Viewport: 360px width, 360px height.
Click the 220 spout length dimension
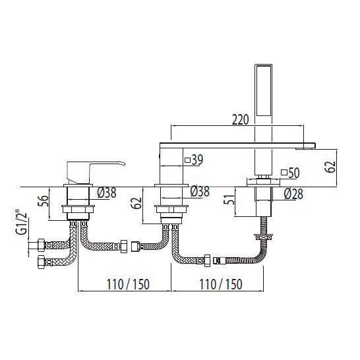(240, 119)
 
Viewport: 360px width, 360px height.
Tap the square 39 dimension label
(194, 160)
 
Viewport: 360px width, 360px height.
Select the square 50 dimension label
(290, 173)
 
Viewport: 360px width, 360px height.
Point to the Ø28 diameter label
(293, 194)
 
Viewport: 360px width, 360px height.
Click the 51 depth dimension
(229, 199)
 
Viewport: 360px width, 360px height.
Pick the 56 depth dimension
(43, 201)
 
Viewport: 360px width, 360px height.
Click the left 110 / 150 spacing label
(128, 284)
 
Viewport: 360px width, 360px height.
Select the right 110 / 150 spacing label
(221, 284)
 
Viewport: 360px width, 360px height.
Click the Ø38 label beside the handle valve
(107, 193)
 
